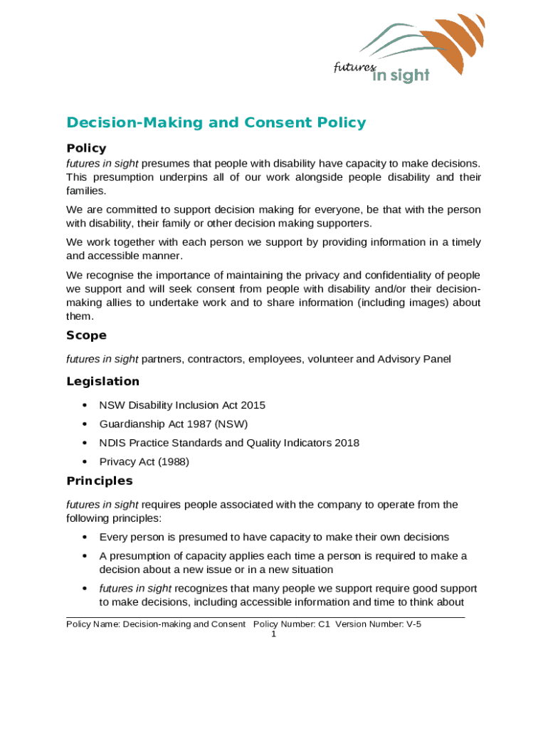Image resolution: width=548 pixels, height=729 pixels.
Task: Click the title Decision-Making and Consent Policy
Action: pyautogui.click(x=216, y=122)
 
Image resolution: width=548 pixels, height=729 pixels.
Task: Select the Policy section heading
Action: pyautogui.click(x=86, y=148)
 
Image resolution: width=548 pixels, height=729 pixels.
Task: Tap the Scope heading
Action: pyautogui.click(x=86, y=335)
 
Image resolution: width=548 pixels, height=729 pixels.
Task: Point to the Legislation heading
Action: pyautogui.click(x=102, y=382)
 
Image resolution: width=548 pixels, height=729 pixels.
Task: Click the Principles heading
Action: pyautogui.click(x=99, y=481)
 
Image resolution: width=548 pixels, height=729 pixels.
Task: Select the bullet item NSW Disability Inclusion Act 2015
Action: pyautogui.click(x=182, y=405)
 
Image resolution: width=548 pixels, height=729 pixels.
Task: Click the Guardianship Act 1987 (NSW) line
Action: pyautogui.click(x=173, y=424)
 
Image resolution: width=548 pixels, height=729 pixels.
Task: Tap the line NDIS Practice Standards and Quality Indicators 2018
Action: pyautogui.click(x=229, y=443)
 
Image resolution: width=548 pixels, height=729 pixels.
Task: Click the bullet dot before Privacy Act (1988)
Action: pyautogui.click(x=85, y=461)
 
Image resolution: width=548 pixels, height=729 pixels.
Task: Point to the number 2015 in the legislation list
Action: pyautogui.click(x=253, y=405)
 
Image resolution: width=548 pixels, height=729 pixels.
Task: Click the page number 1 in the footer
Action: pyautogui.click(x=273, y=634)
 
